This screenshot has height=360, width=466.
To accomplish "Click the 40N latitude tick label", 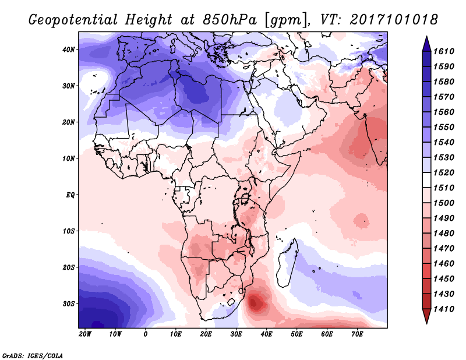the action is point(69,50).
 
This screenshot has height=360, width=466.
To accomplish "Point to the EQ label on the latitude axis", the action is point(70,195).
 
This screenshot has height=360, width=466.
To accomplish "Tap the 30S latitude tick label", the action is point(69,304).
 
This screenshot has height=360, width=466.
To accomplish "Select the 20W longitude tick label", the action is point(84,334).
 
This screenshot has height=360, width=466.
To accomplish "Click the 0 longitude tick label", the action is point(145,334).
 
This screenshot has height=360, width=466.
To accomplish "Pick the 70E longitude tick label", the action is point(357,334).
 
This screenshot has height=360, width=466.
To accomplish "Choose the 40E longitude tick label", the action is point(266,334).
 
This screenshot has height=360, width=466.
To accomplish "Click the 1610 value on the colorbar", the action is point(444,51).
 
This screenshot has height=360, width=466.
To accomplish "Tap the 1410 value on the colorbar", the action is point(444,309).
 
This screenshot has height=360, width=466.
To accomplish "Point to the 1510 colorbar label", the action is point(444,188).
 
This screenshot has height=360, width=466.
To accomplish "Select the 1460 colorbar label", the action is point(444,264).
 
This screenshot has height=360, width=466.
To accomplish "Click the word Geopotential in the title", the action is point(73,20).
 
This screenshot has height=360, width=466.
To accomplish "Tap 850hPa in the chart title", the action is point(230,20).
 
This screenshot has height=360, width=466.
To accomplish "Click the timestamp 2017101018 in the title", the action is point(394,19).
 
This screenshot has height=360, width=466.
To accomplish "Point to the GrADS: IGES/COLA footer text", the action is point(33,355).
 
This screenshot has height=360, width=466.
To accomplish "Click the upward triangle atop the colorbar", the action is point(426,44).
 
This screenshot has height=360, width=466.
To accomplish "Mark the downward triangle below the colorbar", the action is point(426,316).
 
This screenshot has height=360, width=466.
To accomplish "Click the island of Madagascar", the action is point(287,263).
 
